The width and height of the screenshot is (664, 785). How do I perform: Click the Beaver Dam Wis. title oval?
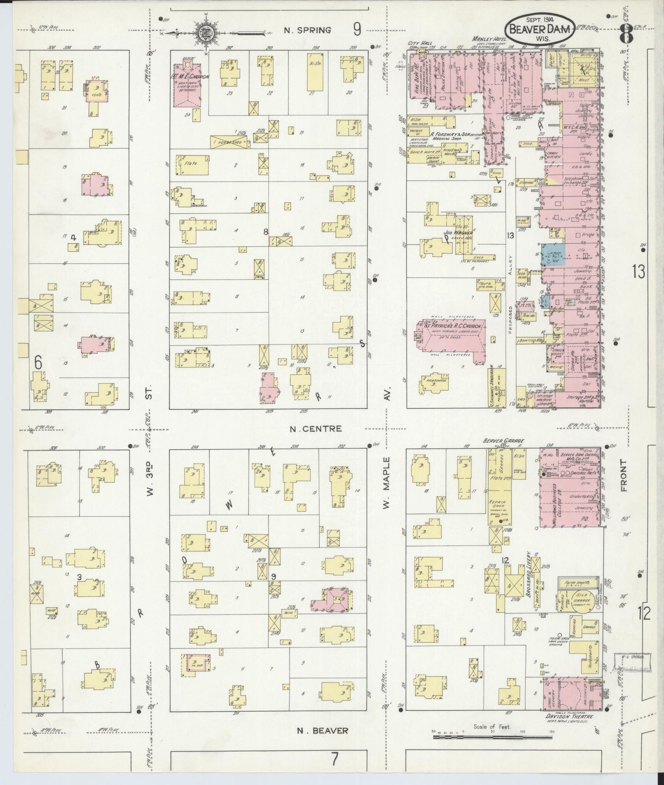click(x=540, y=29)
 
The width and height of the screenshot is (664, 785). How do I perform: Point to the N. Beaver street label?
click(x=322, y=730)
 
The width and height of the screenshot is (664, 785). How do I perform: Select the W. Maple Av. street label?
click(x=386, y=483)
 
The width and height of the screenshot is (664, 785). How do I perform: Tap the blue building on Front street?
click(x=553, y=255)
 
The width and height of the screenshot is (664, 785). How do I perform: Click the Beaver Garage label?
click(x=503, y=440)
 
